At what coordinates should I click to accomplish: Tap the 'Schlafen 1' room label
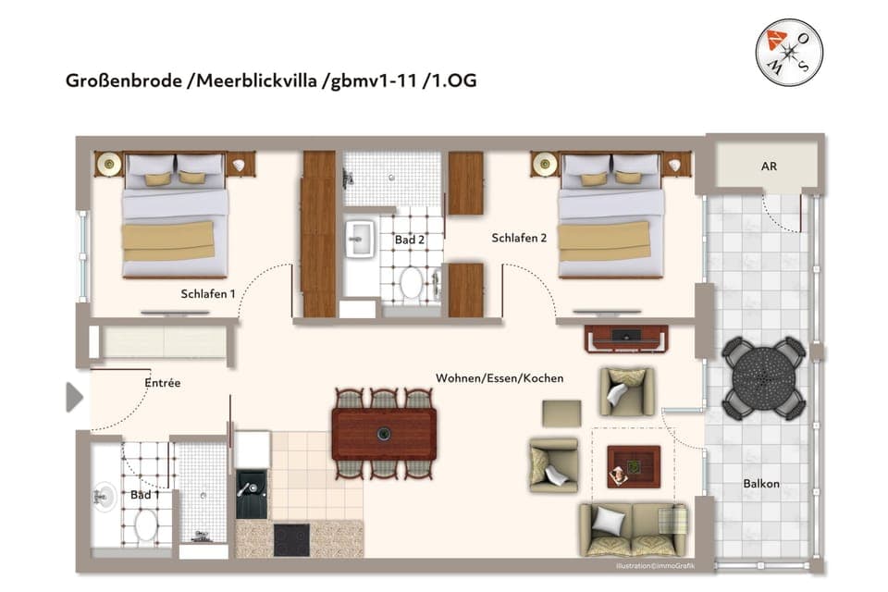tap(207, 294)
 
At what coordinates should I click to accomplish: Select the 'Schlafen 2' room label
tap(519, 238)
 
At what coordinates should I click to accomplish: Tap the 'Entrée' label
tap(162, 382)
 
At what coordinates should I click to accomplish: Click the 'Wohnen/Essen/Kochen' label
tap(499, 378)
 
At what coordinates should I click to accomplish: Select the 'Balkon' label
tap(761, 484)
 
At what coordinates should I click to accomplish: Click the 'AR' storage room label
tap(768, 167)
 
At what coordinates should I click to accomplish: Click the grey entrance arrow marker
tap(74, 398)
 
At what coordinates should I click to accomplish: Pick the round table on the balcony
tap(763, 377)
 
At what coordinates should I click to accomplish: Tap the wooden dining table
tap(384, 433)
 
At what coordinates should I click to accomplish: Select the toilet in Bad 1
tap(146, 526)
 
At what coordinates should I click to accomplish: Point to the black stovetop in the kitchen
tap(292, 538)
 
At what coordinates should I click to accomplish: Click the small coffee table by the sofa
tap(633, 466)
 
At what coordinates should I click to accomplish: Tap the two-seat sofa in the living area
tap(634, 528)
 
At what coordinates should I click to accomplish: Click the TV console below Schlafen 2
tap(626, 339)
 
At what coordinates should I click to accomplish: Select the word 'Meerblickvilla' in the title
tap(264, 80)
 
